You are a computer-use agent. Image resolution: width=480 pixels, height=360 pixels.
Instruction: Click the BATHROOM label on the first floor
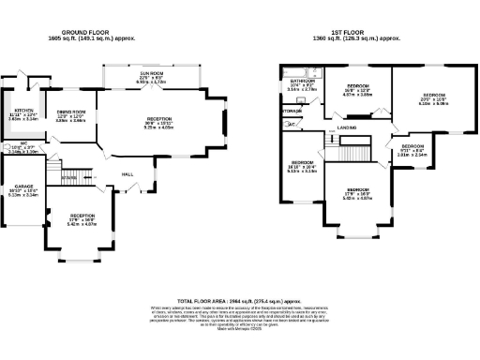[302, 82]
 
